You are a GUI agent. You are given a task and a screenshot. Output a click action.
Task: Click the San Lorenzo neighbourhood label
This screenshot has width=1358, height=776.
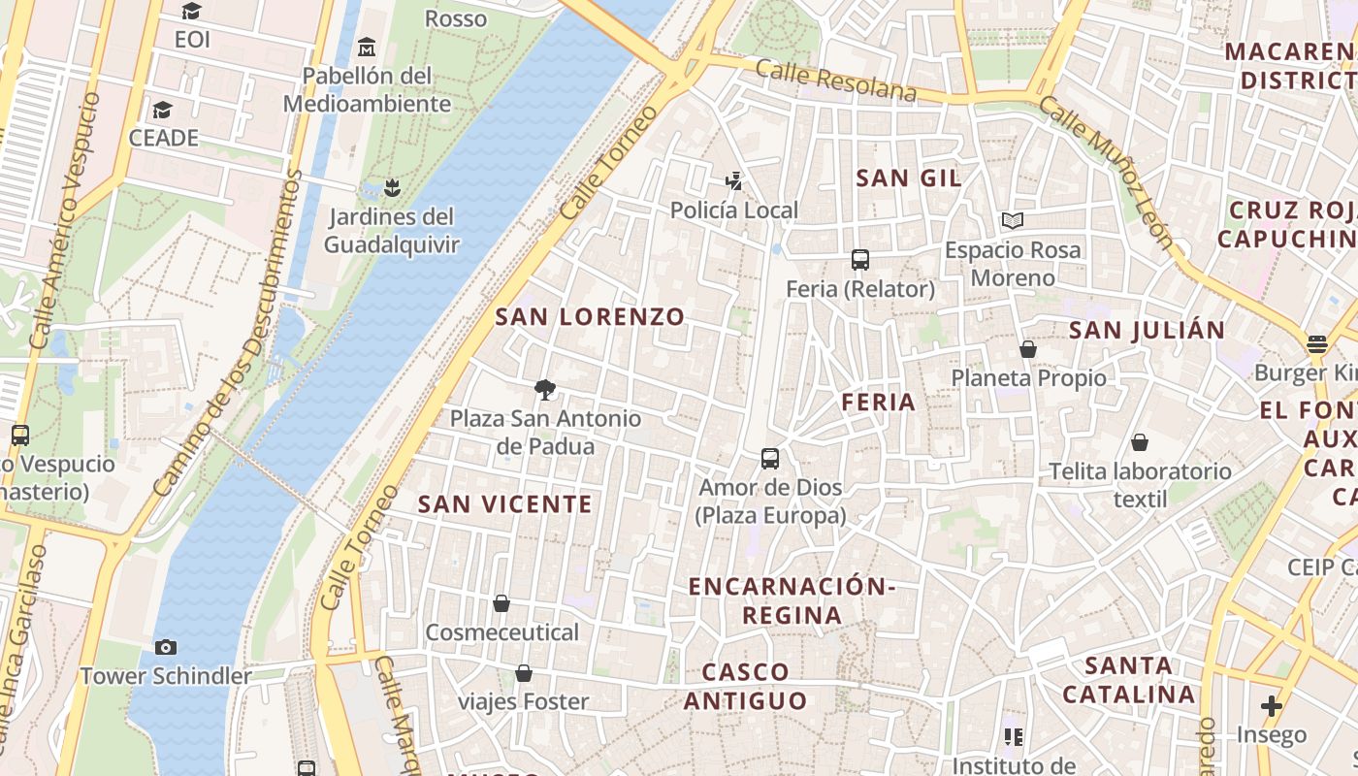[x=590, y=317]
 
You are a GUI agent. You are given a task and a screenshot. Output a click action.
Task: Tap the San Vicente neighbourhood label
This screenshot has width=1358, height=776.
[x=504, y=504]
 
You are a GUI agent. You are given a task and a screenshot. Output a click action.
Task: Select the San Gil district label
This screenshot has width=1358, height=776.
[x=909, y=178]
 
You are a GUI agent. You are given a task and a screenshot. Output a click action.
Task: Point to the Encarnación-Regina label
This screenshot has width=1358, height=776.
[x=792, y=600]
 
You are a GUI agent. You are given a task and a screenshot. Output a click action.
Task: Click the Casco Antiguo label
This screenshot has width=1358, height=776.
[x=745, y=686]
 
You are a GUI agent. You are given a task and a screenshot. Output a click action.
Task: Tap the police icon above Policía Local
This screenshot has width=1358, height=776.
[x=734, y=179]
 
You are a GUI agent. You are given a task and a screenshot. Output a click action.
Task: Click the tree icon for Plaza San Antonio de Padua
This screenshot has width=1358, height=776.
[x=545, y=390]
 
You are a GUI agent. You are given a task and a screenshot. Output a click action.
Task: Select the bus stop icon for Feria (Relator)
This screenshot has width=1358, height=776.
[x=860, y=259]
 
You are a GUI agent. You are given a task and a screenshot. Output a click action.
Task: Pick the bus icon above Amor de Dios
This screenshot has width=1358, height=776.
[x=770, y=458]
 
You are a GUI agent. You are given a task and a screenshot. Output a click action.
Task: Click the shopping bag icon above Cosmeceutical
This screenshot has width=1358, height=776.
[x=501, y=603]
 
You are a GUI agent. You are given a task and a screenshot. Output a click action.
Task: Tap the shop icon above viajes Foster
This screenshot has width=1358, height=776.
[x=524, y=673]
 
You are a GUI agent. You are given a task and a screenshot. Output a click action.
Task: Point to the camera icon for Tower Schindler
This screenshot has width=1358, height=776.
[x=166, y=647]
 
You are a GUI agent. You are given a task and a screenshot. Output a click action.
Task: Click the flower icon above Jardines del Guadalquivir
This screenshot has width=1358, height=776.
[x=392, y=186]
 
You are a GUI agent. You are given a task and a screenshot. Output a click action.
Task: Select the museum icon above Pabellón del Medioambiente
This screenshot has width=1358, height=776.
[x=367, y=47]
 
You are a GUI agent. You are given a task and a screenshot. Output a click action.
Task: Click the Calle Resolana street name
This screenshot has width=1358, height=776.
[x=835, y=81]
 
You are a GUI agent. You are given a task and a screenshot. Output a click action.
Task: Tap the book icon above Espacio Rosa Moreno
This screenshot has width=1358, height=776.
[x=1013, y=221]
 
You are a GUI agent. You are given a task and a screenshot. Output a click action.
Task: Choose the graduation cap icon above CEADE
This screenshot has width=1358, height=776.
[x=163, y=110]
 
